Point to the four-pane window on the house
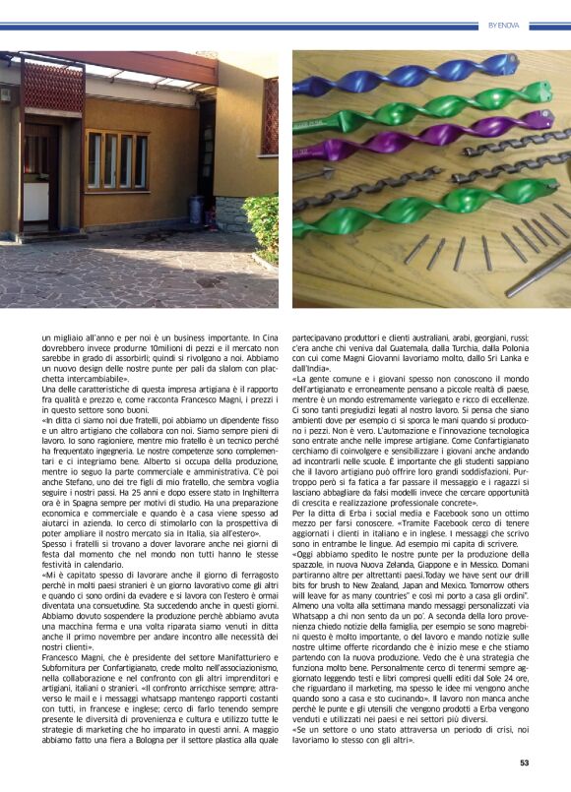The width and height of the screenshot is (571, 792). click(x=116, y=159)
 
